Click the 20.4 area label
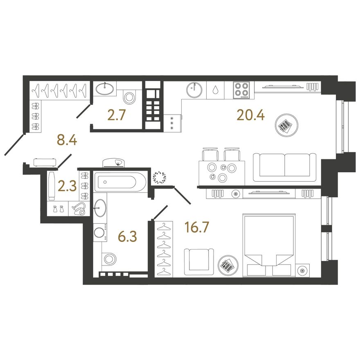coord(251,115)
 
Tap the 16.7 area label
coord(197,227)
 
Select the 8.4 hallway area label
coord(67,140)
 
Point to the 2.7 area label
coord(117,115)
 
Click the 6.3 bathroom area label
coord(127,236)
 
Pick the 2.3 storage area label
coord(67,187)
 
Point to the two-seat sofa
coord(285,167)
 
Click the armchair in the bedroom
coord(199,262)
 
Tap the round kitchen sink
coord(194,90)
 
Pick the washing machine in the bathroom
coord(100,232)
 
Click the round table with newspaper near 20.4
coord(286,125)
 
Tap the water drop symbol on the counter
coord(215,90)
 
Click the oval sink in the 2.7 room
coord(104,88)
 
